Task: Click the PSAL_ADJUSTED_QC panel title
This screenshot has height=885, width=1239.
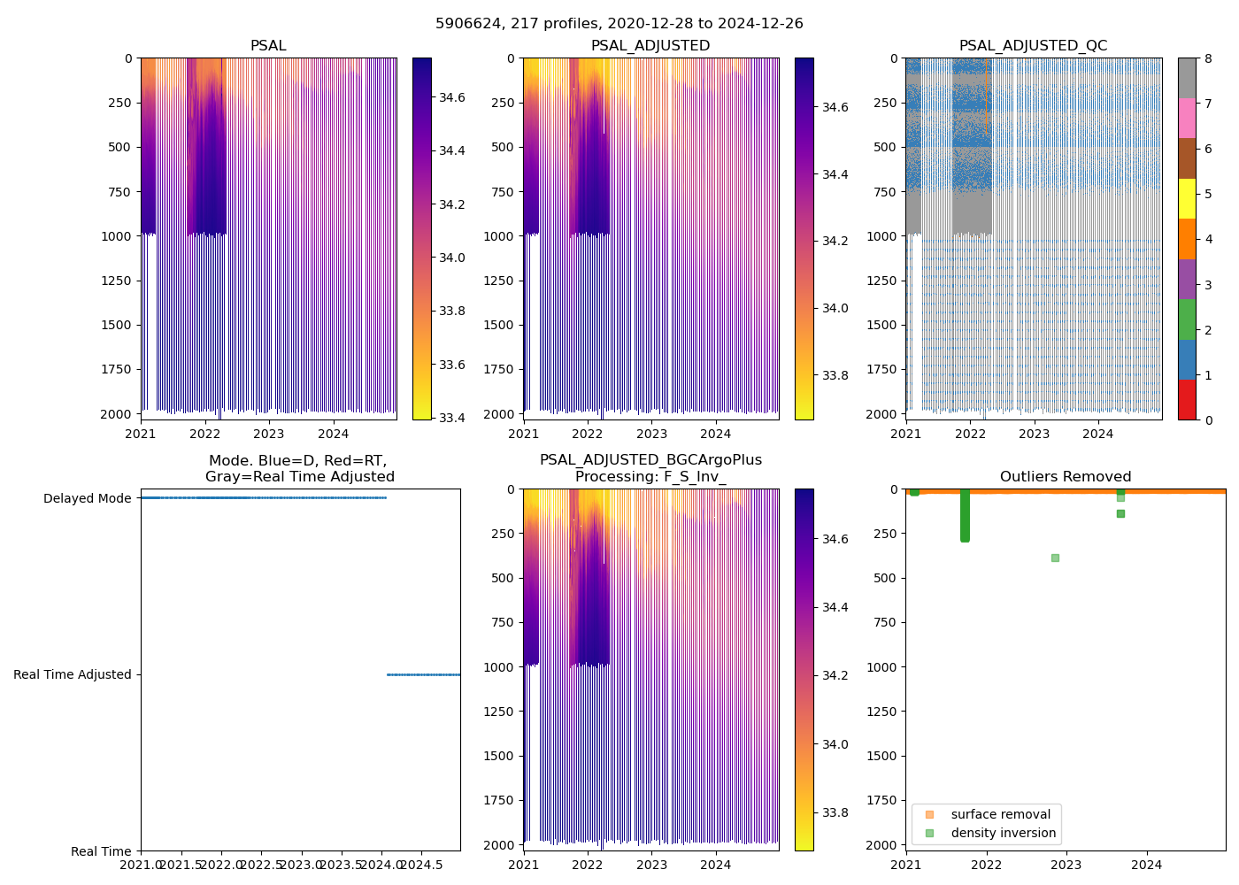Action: click(1033, 46)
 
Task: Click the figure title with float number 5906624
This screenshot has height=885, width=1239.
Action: click(619, 24)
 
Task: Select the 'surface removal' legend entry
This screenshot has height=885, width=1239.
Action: click(1000, 814)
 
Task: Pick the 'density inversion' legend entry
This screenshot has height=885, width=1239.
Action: click(1003, 833)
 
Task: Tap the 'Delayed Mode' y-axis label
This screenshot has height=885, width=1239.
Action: click(87, 498)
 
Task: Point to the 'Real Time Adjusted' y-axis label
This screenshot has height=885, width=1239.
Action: click(73, 674)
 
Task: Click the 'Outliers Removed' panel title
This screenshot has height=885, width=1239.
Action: click(1065, 477)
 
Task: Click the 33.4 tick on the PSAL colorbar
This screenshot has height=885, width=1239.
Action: click(453, 418)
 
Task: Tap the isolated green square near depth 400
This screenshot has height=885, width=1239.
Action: click(1055, 558)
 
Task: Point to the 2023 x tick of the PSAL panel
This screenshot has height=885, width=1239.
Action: click(268, 434)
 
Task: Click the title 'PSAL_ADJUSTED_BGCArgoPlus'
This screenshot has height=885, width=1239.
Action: click(650, 460)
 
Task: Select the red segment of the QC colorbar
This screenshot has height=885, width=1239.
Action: click(1187, 400)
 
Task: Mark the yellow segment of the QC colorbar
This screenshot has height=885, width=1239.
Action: click(1187, 199)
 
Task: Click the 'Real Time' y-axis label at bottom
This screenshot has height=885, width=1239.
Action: click(101, 851)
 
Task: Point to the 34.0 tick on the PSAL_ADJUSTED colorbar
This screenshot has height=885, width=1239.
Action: click(836, 308)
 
